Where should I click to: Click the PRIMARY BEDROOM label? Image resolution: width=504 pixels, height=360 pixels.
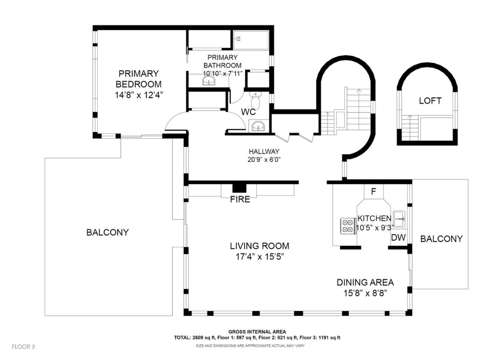coord(139,79)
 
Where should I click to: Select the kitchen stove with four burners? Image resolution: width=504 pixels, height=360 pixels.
coord(347,226)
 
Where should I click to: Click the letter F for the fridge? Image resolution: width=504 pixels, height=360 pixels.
coord(373,192)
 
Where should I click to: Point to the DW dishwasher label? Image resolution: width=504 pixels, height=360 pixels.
coord(398,238)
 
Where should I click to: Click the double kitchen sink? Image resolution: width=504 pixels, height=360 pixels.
coord(399,219)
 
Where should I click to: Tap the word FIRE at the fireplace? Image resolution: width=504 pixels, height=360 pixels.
coord(240,199)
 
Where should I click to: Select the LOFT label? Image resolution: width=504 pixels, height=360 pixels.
coord(430,101)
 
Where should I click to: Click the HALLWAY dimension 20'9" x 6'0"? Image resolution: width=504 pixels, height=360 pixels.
coord(264,160)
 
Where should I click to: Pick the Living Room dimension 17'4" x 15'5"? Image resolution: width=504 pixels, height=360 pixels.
coord(259,256)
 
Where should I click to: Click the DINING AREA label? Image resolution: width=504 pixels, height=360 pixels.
coord(365,282)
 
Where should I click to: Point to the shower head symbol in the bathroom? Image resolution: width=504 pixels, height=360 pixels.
coord(238,39)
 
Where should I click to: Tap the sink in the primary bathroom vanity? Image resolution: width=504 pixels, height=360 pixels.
coord(209,80)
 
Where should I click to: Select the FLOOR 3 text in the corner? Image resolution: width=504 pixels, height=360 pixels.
coord(23,346)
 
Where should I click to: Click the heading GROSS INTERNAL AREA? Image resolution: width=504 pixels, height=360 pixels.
coord(257,332)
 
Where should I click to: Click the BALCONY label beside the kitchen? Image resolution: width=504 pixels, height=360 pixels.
coord(441,239)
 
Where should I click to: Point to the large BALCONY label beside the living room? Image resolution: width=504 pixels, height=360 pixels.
coord(107,232)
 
